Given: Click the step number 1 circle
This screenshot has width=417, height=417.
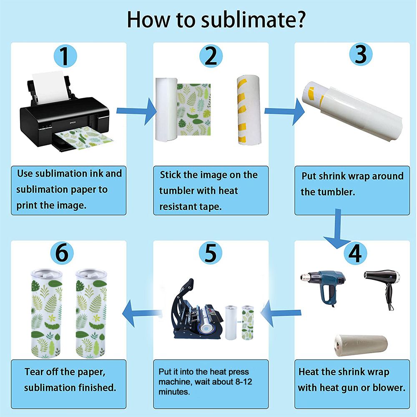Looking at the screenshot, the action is coord(65,56).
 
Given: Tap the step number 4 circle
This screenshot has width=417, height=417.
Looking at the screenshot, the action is coord(355,254).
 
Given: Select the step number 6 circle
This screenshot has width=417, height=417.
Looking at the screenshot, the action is coord(62,253).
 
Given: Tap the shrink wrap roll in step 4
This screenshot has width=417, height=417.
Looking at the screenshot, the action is coord(361,345).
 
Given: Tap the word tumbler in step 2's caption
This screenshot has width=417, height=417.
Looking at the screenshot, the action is coord(177,191).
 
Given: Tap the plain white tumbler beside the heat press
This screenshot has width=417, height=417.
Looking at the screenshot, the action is coord(231,323).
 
